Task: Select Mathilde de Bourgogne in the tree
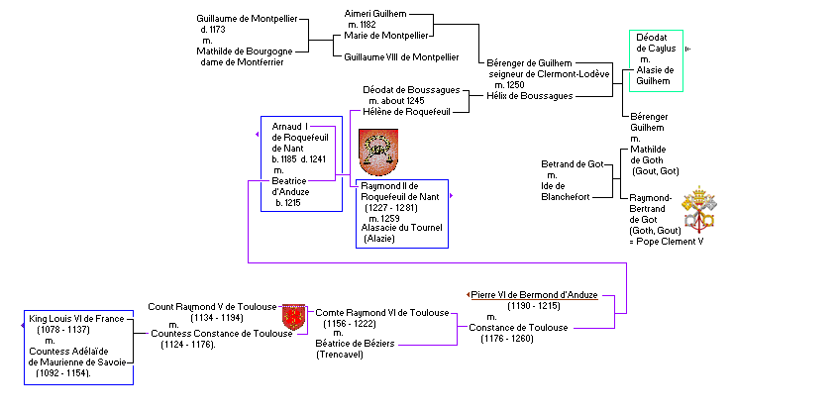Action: (x=245, y=51)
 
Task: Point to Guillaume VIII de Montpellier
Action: (x=401, y=57)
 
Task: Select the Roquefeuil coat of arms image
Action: (x=377, y=152)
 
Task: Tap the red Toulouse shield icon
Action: (x=293, y=317)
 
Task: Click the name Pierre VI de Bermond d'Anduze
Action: (x=534, y=295)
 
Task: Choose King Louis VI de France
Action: (x=76, y=319)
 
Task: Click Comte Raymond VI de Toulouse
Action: (x=382, y=312)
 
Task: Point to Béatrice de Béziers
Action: (x=354, y=344)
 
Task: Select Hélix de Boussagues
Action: (x=529, y=96)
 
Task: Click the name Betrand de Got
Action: (x=573, y=163)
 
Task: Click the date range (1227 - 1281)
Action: (x=396, y=207)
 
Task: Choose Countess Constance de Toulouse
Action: (x=222, y=334)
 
